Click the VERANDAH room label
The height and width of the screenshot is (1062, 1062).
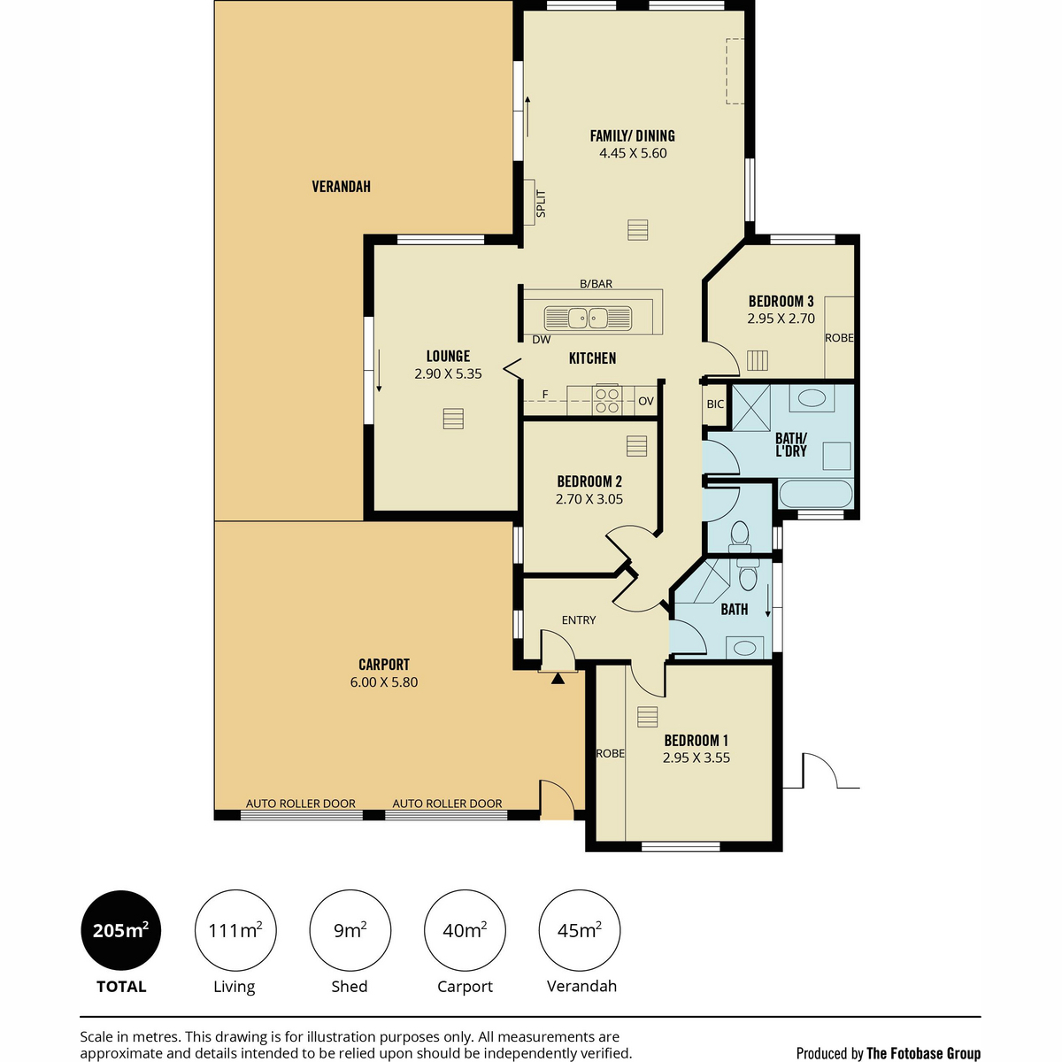[341, 187]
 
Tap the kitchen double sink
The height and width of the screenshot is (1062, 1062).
[588, 318]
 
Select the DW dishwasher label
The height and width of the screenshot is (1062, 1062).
[542, 340]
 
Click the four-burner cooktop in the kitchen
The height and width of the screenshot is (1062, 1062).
[607, 401]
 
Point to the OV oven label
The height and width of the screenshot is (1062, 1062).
[646, 401]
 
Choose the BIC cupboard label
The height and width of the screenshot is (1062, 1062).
[715, 404]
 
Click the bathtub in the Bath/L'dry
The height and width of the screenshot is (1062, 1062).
[816, 494]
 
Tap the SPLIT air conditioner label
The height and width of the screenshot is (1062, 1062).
[541, 204]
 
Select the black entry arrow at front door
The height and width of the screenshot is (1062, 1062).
[558, 679]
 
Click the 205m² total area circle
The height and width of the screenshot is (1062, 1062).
[121, 930]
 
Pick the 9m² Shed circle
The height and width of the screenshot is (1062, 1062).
[350, 930]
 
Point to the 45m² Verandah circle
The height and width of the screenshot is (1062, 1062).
[579, 930]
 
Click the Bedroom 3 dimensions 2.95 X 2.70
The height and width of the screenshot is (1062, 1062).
[781, 319]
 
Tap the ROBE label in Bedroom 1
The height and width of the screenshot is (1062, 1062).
[610, 753]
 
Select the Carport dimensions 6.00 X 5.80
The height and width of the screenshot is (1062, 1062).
[383, 682]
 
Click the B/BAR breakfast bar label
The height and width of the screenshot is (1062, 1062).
[596, 284]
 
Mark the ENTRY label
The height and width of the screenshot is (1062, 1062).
[579, 620]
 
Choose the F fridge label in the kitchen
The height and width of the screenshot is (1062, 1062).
[545, 394]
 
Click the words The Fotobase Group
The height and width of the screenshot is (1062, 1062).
[924, 1053]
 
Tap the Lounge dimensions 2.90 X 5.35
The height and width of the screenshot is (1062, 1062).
[448, 373]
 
